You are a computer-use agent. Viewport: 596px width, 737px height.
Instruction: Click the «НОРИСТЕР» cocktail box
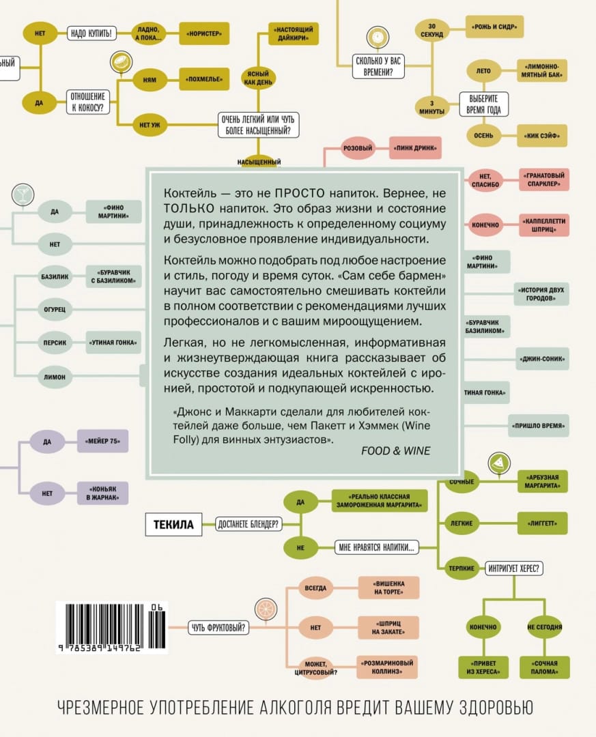click(x=203, y=33)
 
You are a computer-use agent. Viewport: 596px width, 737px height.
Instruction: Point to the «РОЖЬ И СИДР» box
click(x=495, y=28)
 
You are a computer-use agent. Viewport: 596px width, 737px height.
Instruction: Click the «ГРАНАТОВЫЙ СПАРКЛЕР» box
click(x=543, y=180)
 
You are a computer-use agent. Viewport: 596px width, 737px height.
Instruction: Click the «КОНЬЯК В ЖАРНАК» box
click(x=102, y=493)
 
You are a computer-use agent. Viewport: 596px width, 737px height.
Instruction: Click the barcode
click(x=108, y=628)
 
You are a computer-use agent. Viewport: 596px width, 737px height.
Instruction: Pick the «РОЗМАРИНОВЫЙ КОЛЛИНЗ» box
click(x=387, y=667)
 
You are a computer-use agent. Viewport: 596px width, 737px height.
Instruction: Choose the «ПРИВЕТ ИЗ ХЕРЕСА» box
click(x=483, y=667)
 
